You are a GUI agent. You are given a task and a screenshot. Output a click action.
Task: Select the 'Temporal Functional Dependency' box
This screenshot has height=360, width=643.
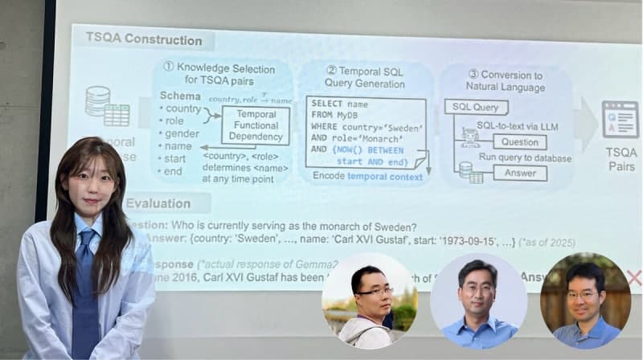point(256,125)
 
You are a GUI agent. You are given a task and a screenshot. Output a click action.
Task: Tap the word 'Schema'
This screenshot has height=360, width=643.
point(180,96)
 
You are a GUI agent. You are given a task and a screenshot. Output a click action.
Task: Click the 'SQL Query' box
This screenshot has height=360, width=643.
point(476,107)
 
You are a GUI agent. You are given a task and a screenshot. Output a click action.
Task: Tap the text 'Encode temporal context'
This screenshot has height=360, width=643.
point(367,177)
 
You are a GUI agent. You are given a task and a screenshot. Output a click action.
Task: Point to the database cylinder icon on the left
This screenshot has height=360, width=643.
point(97,101)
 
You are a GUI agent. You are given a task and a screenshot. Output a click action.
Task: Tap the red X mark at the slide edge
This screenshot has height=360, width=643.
point(633,278)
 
